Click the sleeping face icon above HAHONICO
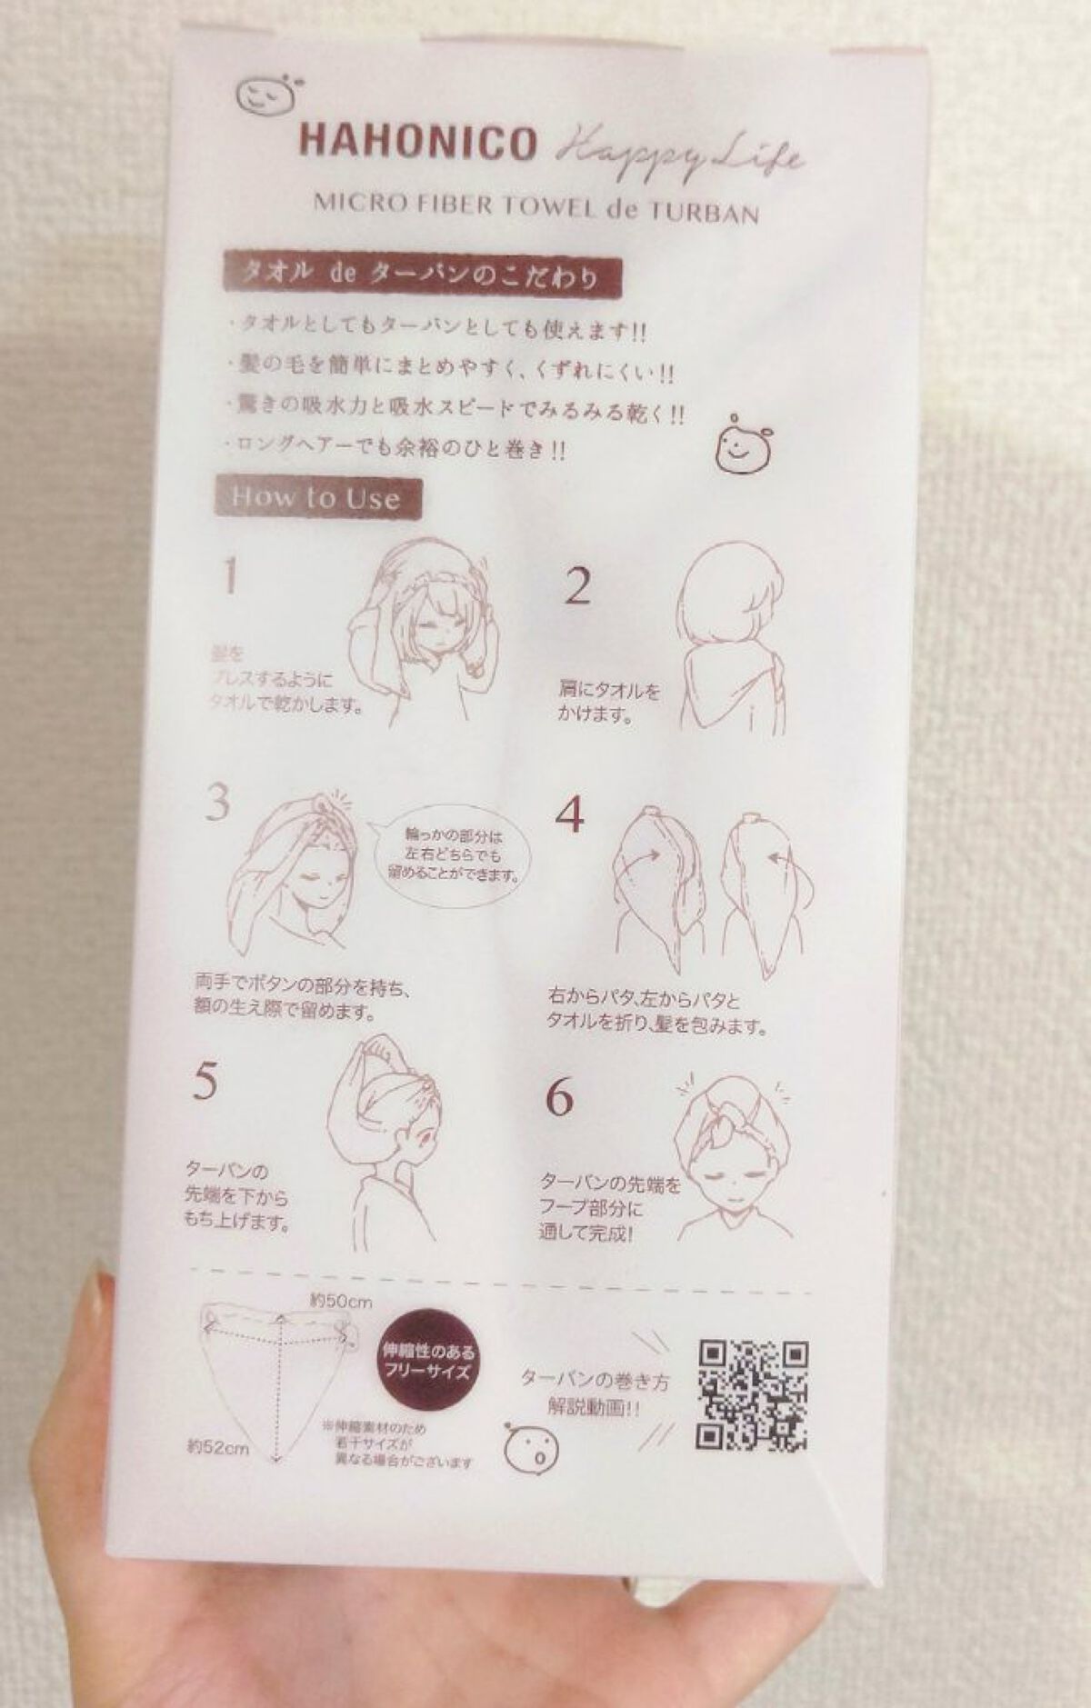coord(262,94)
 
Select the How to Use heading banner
coord(317,497)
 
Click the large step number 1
coord(231,575)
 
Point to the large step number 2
coord(578,587)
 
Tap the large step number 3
coord(216,803)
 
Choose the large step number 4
coord(569,814)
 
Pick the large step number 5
coord(205,1081)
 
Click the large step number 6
coord(559,1099)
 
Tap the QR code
coord(752,1395)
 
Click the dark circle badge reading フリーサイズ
coord(426,1365)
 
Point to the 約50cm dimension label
coord(339,1302)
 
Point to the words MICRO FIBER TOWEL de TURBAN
coord(536,209)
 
